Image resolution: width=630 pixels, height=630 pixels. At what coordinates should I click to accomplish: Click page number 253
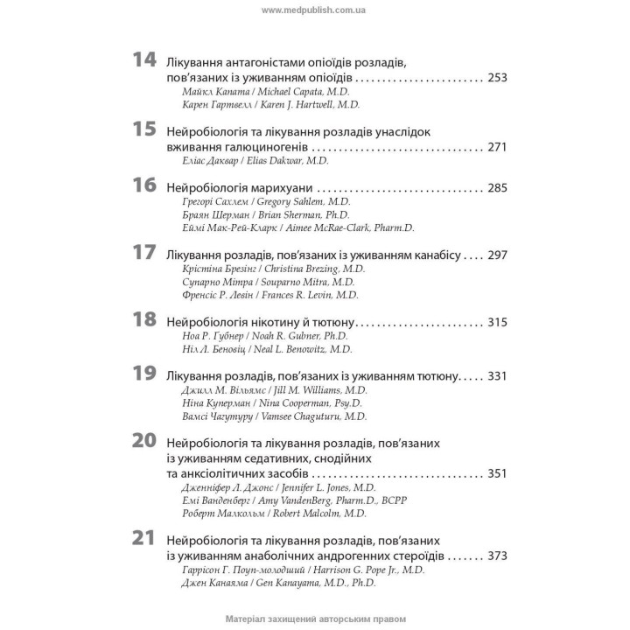tap(497, 78)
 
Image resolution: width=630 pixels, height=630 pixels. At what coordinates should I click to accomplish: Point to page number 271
tap(497, 146)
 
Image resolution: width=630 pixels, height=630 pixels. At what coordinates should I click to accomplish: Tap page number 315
tap(497, 322)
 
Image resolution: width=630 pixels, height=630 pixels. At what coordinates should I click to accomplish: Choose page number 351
tap(497, 473)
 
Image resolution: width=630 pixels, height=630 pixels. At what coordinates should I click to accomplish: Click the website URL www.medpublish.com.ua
tap(314, 9)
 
